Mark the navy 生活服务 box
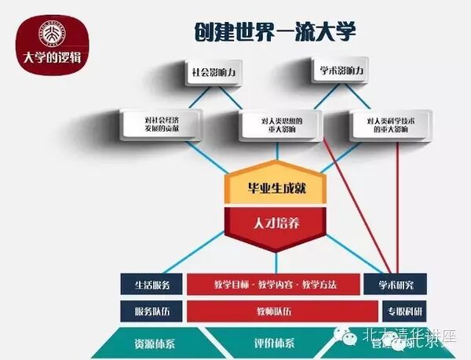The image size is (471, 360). [x=152, y=284]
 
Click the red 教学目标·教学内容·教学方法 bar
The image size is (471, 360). [x=273, y=284]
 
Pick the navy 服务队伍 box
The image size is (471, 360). [x=152, y=310]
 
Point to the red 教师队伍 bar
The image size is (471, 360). [x=273, y=310]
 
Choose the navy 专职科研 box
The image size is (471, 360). [x=395, y=310]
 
